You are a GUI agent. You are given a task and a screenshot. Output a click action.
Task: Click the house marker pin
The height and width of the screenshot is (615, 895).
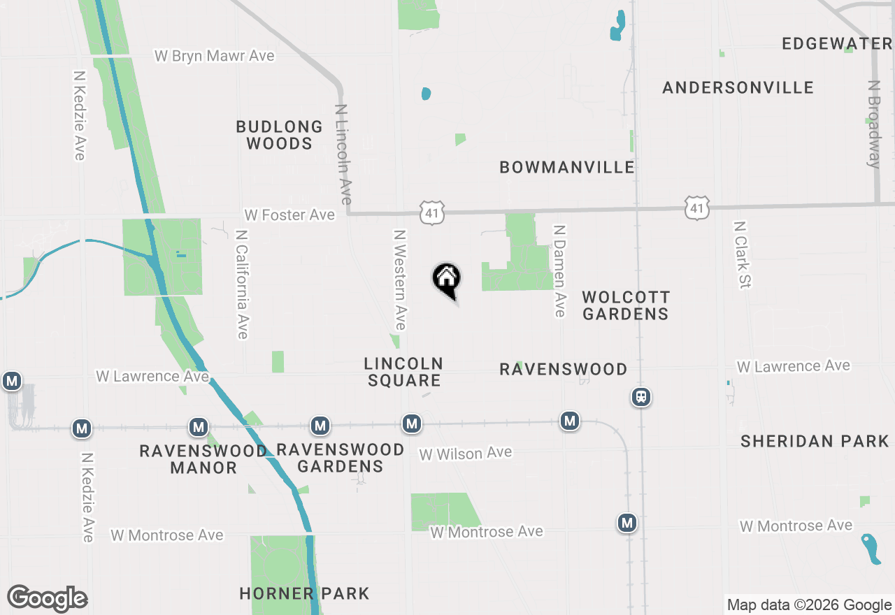point(447,280)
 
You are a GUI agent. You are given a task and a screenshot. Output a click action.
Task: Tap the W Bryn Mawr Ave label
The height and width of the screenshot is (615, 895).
point(214,56)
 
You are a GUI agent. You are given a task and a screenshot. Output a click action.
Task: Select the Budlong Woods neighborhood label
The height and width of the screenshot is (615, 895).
point(279,135)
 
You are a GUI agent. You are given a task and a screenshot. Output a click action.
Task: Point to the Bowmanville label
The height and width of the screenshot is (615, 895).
point(567,167)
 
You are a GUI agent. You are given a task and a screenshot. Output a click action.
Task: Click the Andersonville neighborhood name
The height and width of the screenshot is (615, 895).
point(738,88)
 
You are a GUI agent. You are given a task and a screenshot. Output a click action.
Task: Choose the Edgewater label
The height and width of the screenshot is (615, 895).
point(837,44)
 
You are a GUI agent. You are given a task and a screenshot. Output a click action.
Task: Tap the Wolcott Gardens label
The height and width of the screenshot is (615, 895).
point(626,305)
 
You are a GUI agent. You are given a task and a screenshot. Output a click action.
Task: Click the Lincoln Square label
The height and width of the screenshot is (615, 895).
point(403,372)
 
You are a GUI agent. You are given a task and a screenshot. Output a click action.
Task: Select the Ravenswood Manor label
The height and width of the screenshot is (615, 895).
point(203,459)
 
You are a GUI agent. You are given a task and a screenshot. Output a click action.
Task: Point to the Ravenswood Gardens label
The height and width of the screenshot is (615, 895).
point(341,458)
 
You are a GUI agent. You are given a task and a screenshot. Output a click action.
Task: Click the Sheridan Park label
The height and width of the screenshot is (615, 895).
point(815,441)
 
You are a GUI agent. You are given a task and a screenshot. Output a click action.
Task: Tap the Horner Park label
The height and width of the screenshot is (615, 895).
point(304,594)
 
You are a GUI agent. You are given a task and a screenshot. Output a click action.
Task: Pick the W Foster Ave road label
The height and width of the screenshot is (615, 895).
point(289,215)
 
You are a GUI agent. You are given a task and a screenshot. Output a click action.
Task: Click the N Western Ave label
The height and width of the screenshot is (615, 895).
point(399,280)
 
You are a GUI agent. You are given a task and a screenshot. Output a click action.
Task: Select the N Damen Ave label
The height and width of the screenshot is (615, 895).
point(559,270)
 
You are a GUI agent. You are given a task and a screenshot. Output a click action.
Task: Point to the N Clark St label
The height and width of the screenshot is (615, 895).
point(740,255)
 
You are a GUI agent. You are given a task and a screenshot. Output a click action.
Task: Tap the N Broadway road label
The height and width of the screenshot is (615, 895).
point(873,124)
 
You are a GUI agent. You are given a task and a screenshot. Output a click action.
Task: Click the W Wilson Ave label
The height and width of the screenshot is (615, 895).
point(465,454)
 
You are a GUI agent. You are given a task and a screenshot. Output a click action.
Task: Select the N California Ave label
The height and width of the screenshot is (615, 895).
point(242,284)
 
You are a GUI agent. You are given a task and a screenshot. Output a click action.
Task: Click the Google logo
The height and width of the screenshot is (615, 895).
point(48,599)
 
